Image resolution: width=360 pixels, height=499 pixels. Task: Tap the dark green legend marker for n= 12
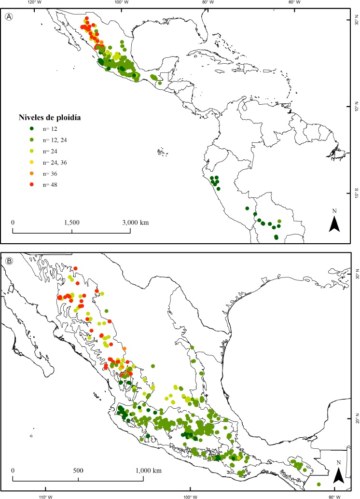pos(32,128)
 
